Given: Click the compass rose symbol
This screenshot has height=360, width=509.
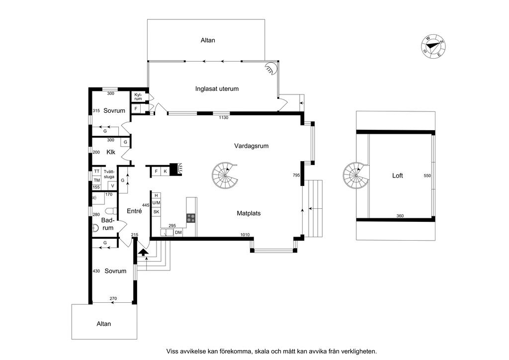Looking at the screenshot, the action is pos(433,47).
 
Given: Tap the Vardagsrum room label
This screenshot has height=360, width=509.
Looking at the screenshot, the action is pos(251,146).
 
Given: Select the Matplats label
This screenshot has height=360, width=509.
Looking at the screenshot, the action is pos(249,213).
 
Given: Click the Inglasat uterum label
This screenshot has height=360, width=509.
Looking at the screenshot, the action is pos(217,89).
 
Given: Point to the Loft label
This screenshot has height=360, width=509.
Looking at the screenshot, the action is pos(397,176).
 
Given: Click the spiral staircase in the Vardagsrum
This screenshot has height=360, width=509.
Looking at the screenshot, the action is pos(225,176).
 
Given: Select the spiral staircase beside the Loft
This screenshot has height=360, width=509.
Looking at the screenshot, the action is pos(356,176).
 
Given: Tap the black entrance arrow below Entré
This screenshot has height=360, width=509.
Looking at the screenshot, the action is pos(143,252).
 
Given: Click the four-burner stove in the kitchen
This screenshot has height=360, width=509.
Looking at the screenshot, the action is pos(190,218).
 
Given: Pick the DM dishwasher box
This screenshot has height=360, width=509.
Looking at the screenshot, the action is pos(178,232).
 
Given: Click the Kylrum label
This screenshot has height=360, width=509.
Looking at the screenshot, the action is pos(138,97).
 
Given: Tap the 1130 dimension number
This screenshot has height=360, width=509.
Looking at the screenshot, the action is pos(223,117).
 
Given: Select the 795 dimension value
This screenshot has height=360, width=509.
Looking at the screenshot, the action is pos(296,176).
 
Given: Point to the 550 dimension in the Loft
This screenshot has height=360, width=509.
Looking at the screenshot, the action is pos(427,176).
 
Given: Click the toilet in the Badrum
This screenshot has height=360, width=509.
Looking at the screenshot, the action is pos(111,211).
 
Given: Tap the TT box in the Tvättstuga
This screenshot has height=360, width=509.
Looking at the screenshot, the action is pos(97,171).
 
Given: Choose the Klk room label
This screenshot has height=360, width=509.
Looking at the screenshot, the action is pos(111,152).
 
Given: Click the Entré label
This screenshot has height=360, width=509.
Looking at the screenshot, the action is pos(134,211).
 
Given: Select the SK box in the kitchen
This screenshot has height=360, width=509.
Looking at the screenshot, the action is pos(156,212).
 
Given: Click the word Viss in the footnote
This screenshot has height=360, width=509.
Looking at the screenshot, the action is pos(172,351).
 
